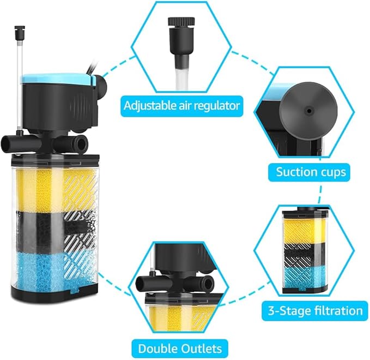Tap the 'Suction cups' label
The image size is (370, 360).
coord(310,172)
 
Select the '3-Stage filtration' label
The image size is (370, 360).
coord(316,310)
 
